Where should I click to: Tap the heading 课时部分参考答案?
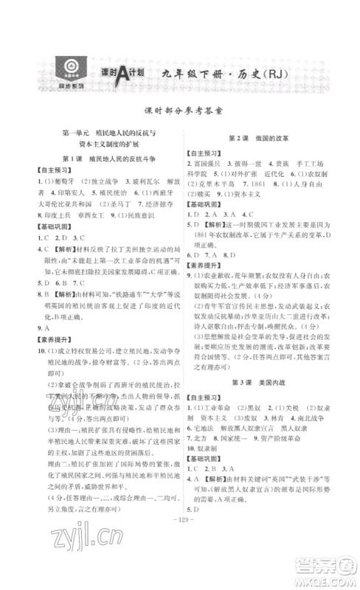180,105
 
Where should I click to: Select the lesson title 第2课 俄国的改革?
260,138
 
